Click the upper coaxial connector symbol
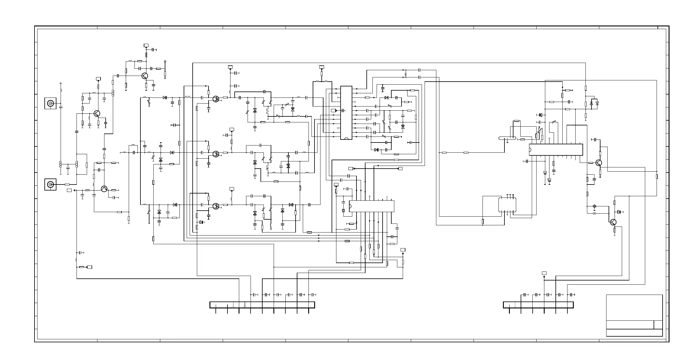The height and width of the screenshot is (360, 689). pyautogui.click(x=50, y=103)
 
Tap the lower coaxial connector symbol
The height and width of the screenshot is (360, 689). pyautogui.click(x=50, y=184)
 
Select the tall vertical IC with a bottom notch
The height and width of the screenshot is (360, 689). pyautogui.click(x=346, y=113)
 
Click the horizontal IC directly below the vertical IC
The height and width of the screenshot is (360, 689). pyautogui.click(x=372, y=206)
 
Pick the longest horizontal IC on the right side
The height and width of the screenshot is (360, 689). pyautogui.click(x=556, y=150)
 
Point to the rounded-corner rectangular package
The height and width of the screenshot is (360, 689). pyautogui.click(x=507, y=205)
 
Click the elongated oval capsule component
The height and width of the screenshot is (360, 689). pyautogui.click(x=507, y=139)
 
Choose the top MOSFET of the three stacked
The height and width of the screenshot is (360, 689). pyautogui.click(x=215, y=99)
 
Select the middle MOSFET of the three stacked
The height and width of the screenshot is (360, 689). pyautogui.click(x=215, y=154)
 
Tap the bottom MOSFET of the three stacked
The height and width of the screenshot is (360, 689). pyautogui.click(x=215, y=206)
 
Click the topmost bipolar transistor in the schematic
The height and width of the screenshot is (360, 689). pyautogui.click(x=145, y=76)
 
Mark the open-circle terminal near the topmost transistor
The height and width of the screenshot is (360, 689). pyautogui.click(x=165, y=61)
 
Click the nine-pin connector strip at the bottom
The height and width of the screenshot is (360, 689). pyautogui.click(x=262, y=305)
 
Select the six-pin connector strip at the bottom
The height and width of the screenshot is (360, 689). pyautogui.click(x=538, y=305)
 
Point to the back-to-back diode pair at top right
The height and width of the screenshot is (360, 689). pyautogui.click(x=594, y=103)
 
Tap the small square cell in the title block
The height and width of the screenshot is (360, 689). pyautogui.click(x=658, y=325)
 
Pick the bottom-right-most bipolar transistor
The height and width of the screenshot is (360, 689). pyautogui.click(x=613, y=222)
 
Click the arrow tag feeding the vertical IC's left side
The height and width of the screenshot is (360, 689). pyautogui.click(x=333, y=111)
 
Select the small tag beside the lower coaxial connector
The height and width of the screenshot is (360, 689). pyautogui.click(x=69, y=190)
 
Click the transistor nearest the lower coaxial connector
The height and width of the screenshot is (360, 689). pyautogui.click(x=104, y=189)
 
